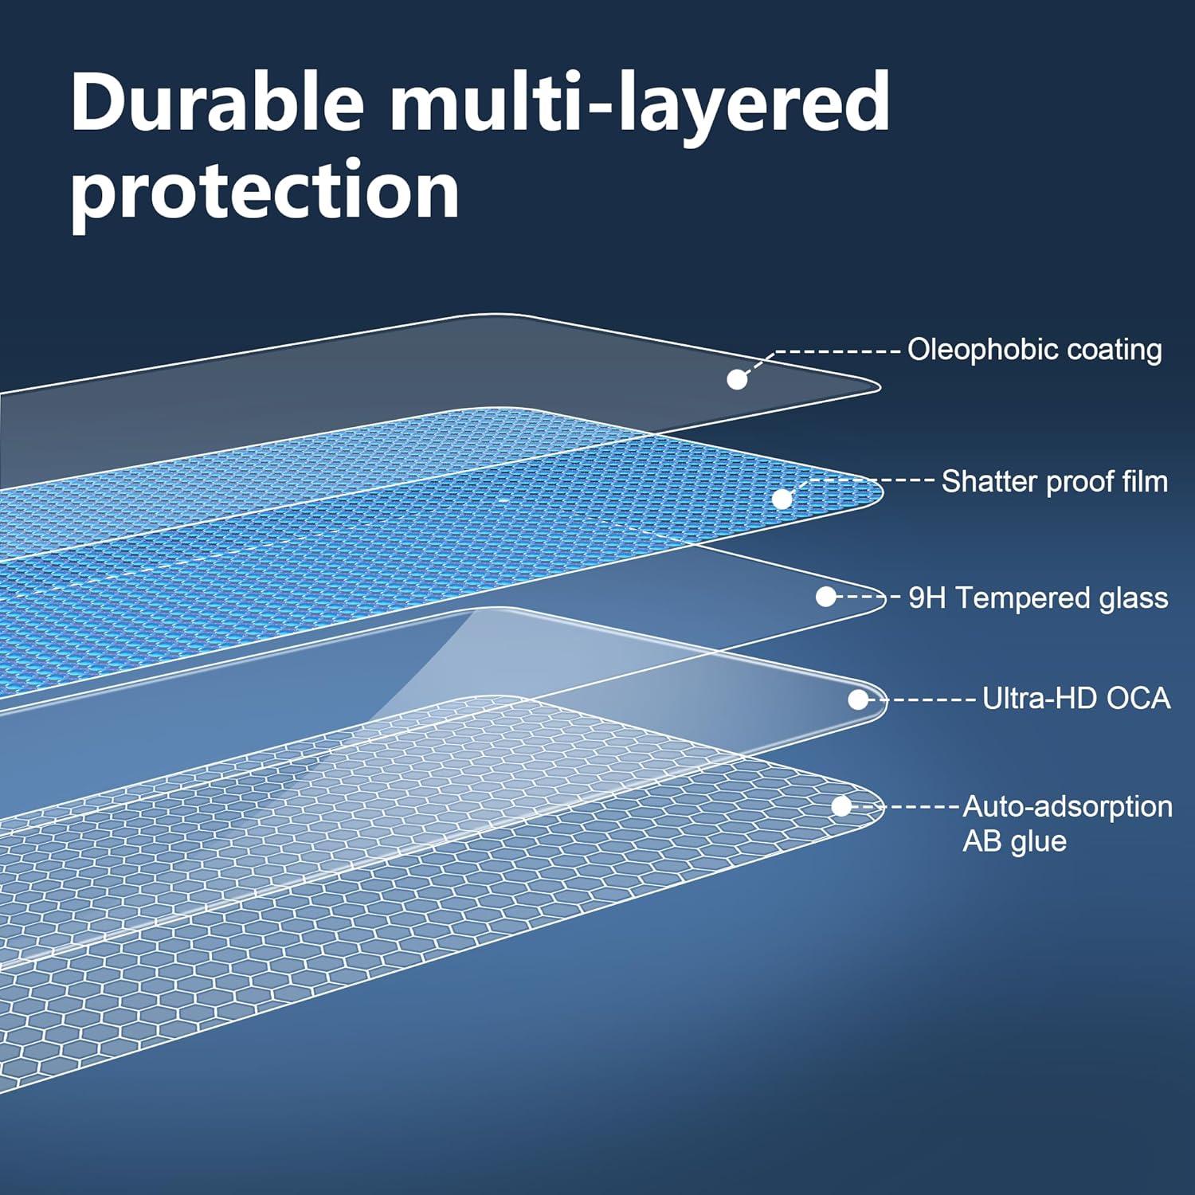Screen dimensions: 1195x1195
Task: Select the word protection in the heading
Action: tap(264, 191)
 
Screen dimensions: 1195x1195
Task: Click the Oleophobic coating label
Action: tap(1034, 350)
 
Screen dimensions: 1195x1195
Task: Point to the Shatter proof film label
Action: tap(1054, 481)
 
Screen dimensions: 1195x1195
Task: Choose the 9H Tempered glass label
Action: tap(1038, 597)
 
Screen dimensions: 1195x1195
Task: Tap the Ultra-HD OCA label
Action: tap(1075, 699)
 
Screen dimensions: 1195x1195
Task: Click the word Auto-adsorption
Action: tap(1068, 806)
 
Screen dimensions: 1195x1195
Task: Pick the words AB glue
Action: tap(1014, 841)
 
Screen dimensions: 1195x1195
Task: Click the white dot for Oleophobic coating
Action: tap(737, 379)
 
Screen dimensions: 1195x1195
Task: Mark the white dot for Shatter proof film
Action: tap(782, 499)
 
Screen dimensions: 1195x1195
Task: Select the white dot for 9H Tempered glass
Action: tap(825, 597)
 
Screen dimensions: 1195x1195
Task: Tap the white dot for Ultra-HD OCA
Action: tap(858, 699)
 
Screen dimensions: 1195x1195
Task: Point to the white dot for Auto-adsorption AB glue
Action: tap(841, 806)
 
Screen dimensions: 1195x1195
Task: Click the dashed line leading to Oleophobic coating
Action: tap(836, 351)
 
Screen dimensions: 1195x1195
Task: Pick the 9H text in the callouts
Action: tap(927, 597)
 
